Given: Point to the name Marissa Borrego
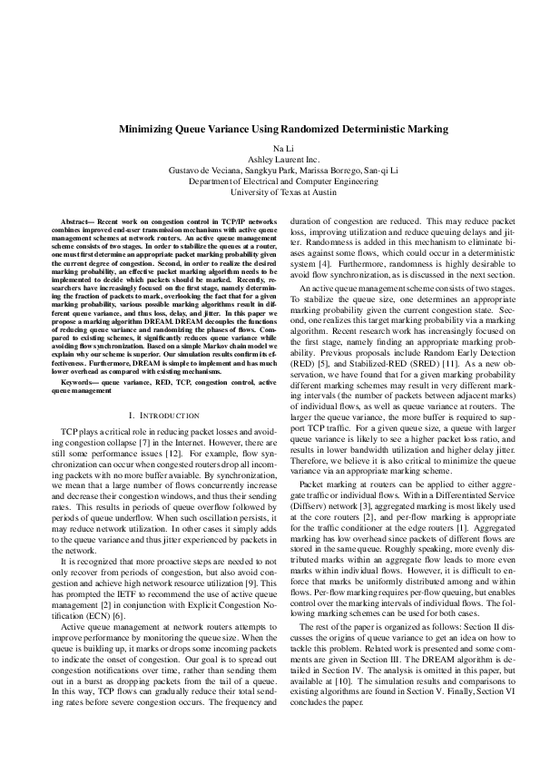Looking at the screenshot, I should pos(336,170).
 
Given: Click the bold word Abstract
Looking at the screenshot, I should pos(75,221).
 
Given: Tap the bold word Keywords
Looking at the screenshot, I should pos(77,383).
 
